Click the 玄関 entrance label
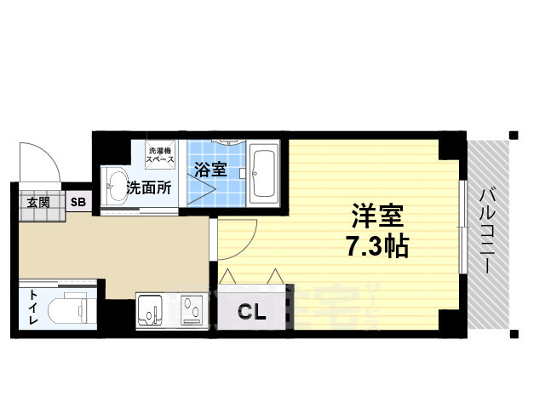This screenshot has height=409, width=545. [x=37, y=202]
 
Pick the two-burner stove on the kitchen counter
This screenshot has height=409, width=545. [x=191, y=310]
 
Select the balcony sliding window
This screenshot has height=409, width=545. [x=462, y=227]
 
